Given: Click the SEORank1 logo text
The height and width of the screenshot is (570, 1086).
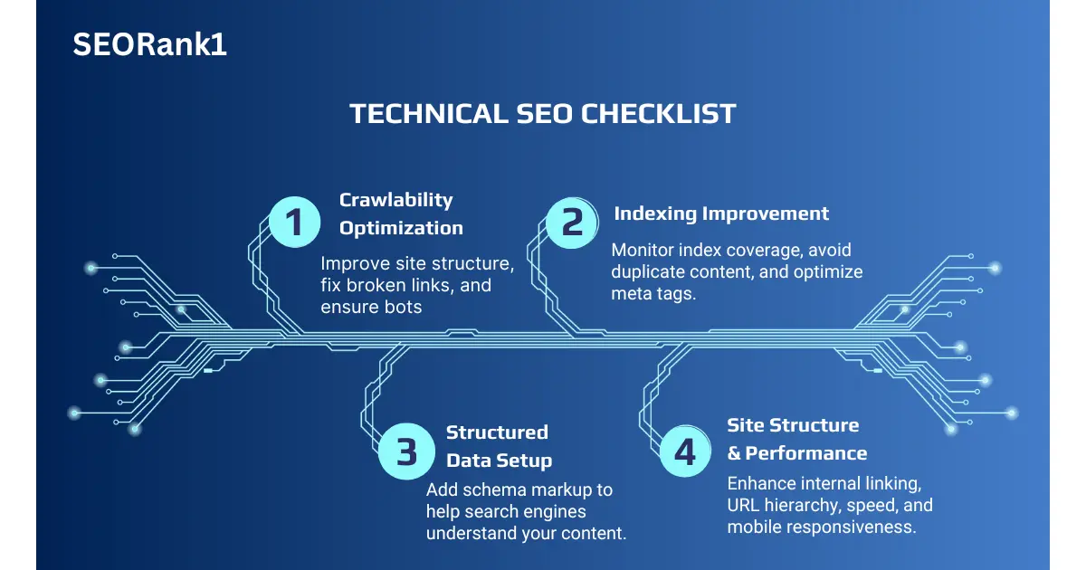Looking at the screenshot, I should click(149, 44).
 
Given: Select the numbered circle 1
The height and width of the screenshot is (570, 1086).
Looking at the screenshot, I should click(295, 223).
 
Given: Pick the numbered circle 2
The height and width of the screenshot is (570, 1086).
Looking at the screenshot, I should click(572, 223).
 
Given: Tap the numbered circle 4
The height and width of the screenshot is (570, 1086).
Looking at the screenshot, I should click(685, 451).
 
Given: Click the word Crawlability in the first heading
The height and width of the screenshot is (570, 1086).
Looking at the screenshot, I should click(395, 200).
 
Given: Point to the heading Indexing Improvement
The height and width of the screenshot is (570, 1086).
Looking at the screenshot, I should click(721, 214).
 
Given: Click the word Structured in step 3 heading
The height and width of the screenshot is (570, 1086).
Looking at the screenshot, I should click(497, 432).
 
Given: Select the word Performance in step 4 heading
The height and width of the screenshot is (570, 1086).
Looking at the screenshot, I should click(805, 453).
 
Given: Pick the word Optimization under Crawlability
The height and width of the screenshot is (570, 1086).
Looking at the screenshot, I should click(401, 228).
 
